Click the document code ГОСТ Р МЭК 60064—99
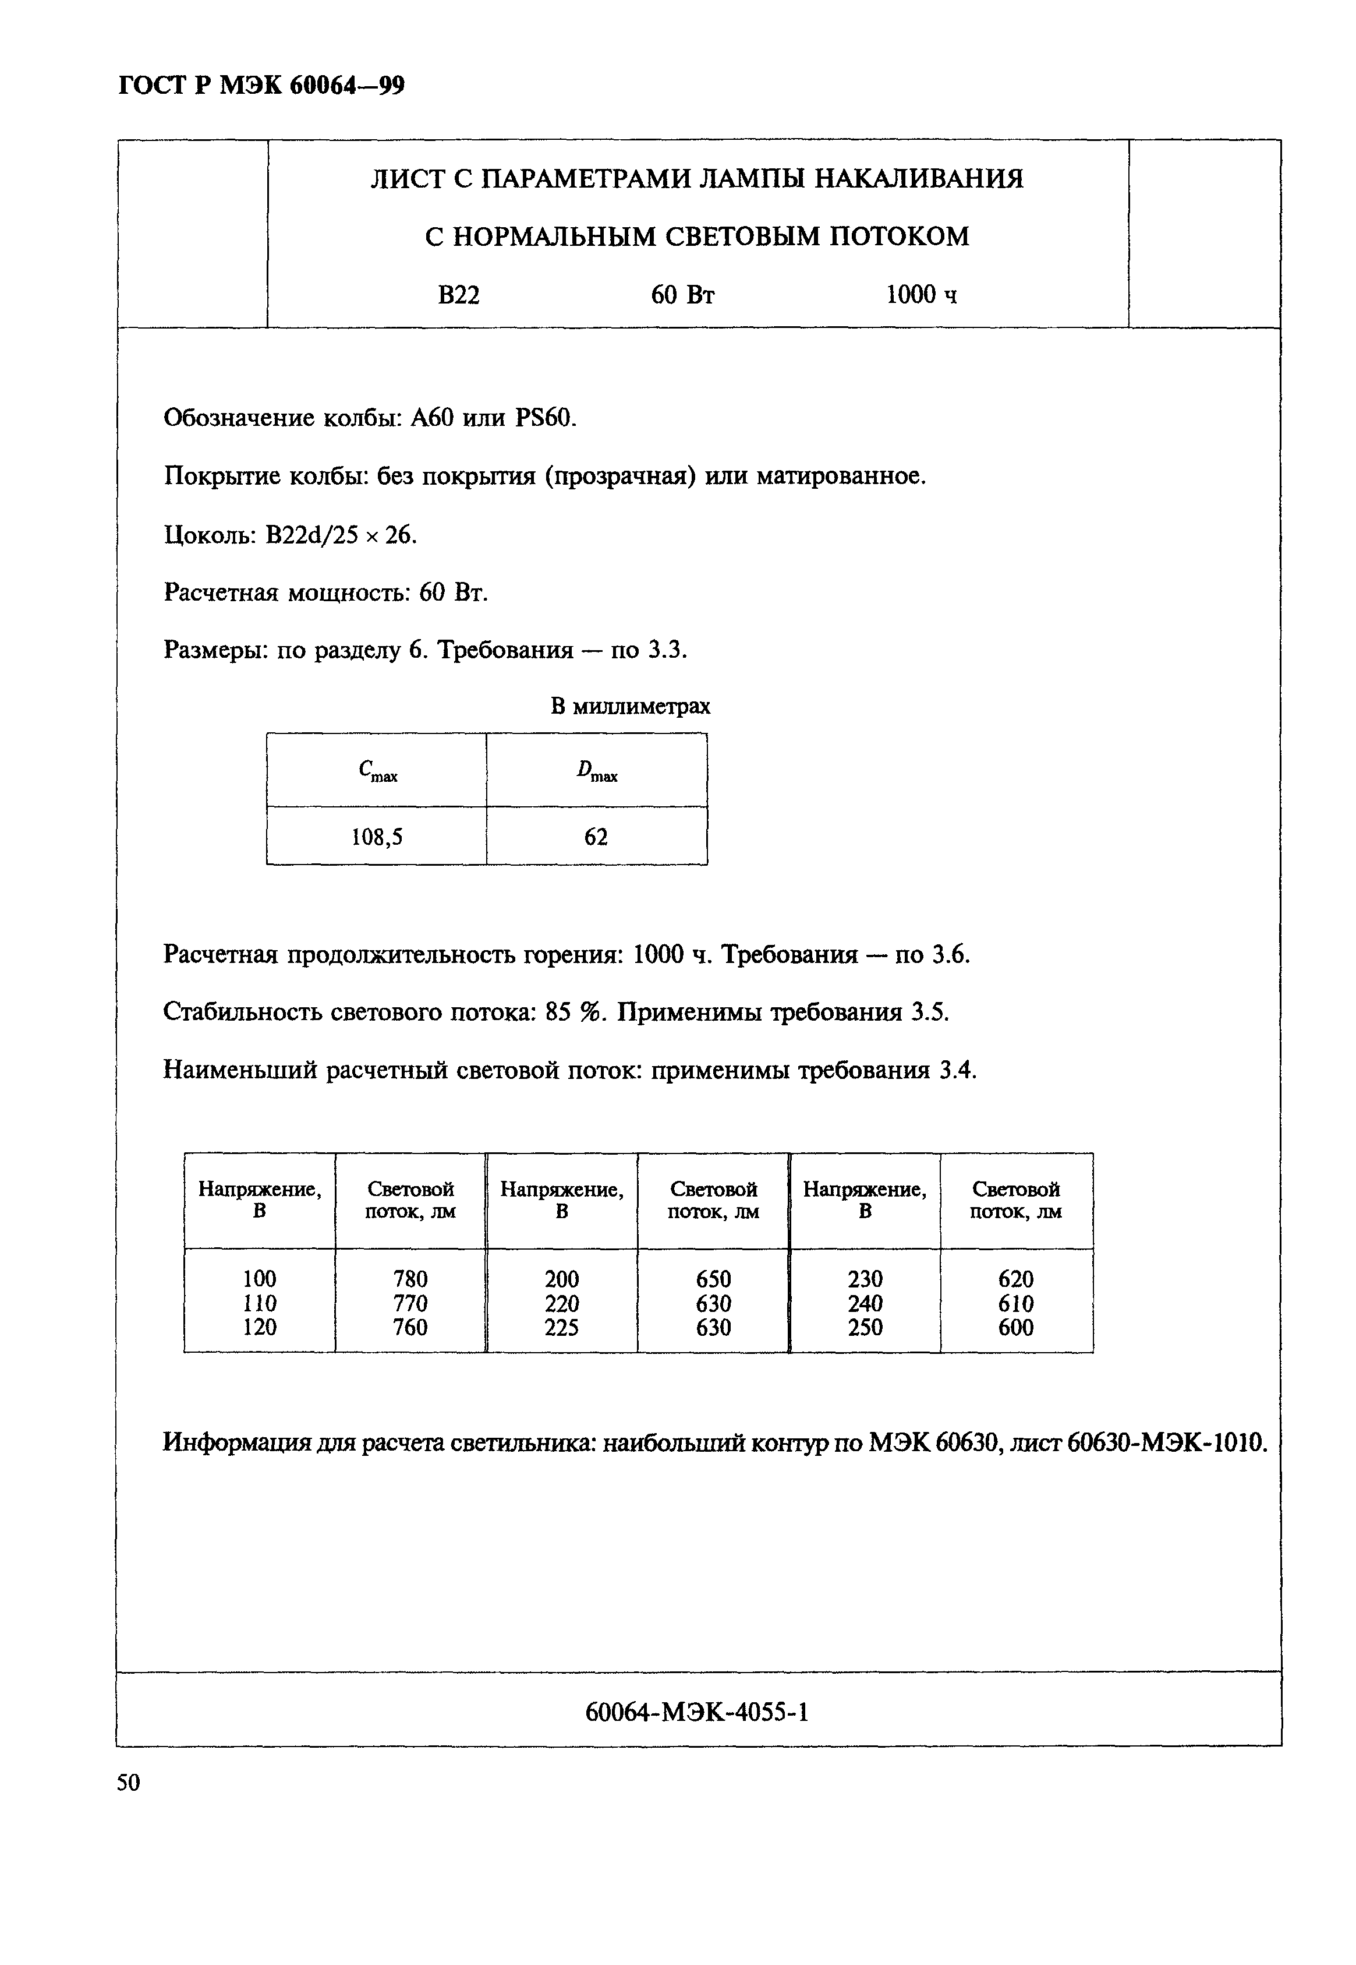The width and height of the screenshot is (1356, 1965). click(261, 86)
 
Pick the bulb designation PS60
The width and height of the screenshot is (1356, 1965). click(544, 418)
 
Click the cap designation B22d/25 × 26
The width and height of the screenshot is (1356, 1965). click(340, 535)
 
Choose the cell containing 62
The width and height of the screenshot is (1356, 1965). click(596, 838)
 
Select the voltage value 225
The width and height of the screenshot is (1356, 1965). click(562, 1328)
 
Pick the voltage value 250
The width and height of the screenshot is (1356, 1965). click(865, 1328)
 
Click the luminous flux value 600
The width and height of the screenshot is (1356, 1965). click(1016, 1328)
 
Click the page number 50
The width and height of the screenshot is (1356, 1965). click(128, 1782)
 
